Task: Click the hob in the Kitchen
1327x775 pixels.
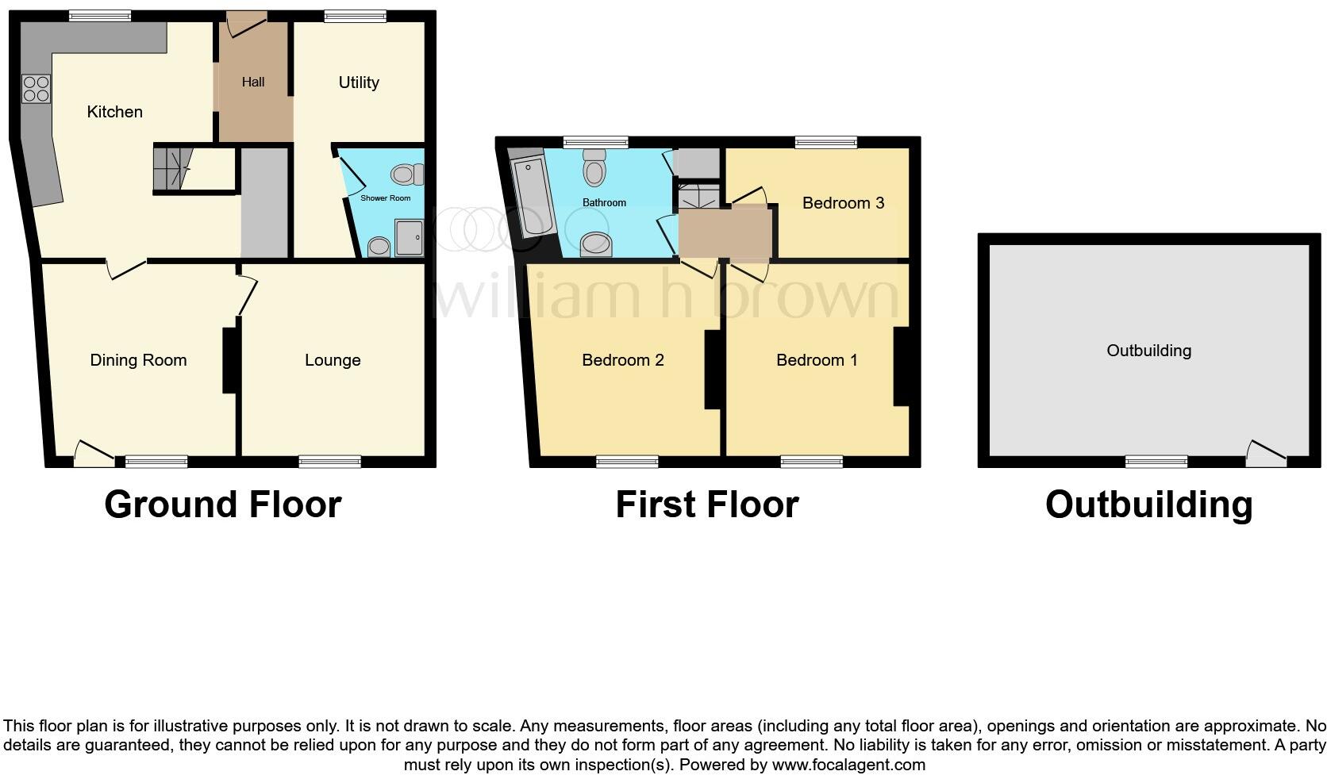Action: tap(36, 89)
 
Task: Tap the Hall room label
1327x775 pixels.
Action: tap(253, 82)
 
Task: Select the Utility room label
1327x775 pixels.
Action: tap(359, 82)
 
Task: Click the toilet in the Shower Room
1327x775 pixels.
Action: tap(406, 174)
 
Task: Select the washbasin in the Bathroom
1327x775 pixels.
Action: tap(596, 244)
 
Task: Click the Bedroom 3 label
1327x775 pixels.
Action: tap(843, 203)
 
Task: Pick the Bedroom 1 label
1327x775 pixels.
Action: tap(817, 360)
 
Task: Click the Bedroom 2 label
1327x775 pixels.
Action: tap(623, 360)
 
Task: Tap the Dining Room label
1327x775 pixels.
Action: tap(138, 360)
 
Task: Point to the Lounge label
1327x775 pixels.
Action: tap(333, 360)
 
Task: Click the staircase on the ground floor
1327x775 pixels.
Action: tap(173, 168)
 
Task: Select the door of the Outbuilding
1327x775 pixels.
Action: tap(1265, 454)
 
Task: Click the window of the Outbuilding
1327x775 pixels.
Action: tap(1157, 462)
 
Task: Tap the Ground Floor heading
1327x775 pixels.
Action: tap(223, 505)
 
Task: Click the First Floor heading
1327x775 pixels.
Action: tap(706, 505)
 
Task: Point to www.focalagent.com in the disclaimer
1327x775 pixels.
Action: tap(848, 765)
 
